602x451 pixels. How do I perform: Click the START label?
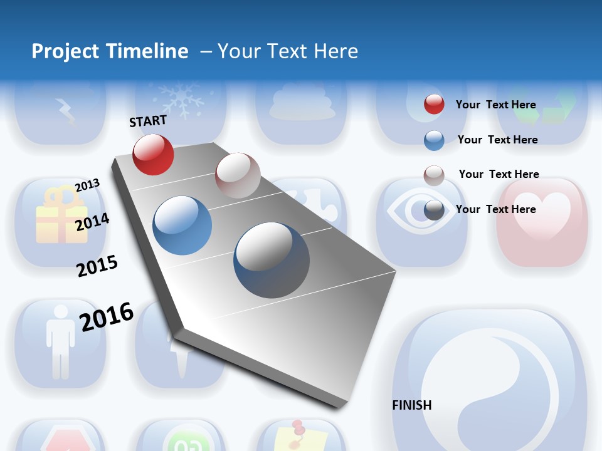coord(148,121)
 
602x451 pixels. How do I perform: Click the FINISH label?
coord(411,405)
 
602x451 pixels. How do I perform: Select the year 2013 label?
coord(87,185)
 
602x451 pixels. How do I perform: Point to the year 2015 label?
coord(97,266)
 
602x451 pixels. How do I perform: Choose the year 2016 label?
coord(107,316)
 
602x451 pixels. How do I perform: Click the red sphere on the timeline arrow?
coord(153,154)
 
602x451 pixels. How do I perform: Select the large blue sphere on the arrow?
coord(182,225)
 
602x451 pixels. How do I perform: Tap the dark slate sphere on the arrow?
coord(272,260)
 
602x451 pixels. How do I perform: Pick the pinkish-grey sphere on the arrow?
coord(238,175)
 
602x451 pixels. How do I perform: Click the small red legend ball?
coord(434,104)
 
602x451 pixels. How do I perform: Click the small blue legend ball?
coord(434,140)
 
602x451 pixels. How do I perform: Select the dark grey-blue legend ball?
coord(434,210)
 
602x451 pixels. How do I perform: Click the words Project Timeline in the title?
coord(110,51)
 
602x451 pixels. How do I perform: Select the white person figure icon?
coord(60,340)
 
